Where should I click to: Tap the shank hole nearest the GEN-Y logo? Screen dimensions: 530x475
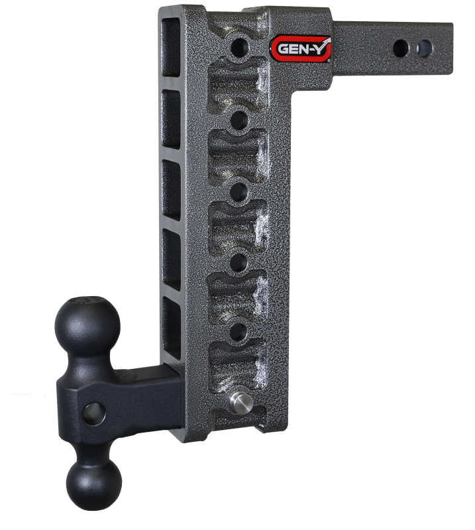[399, 47]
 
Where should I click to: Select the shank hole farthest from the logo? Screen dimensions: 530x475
[419, 47]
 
